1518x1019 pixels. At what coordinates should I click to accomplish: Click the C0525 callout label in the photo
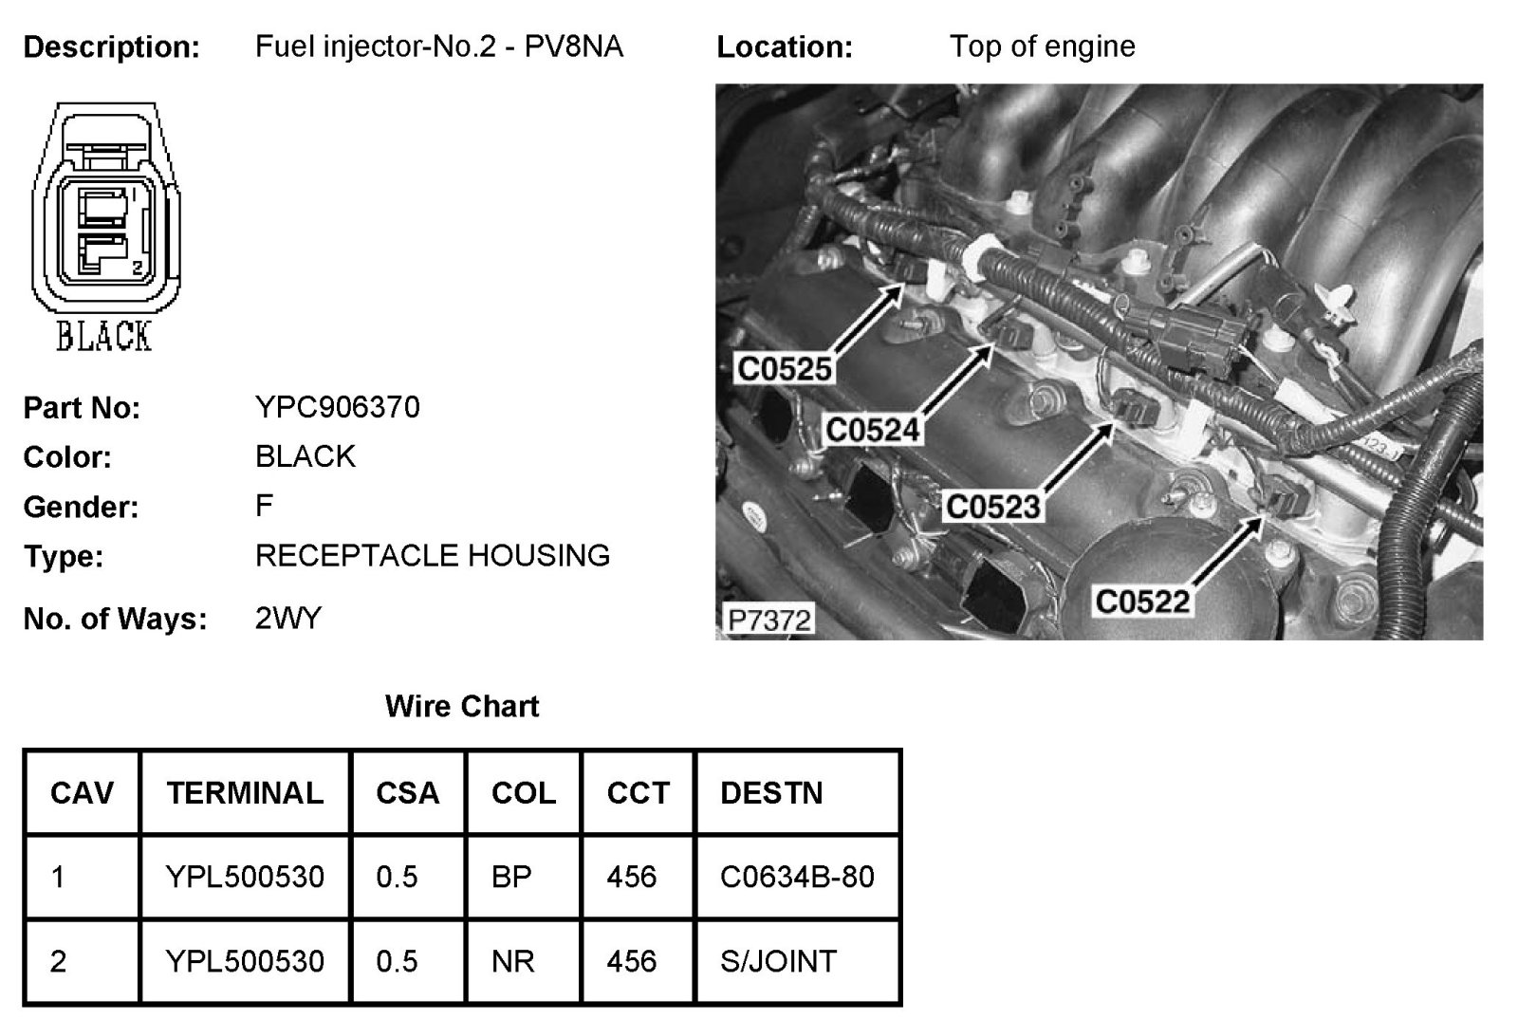[784, 369]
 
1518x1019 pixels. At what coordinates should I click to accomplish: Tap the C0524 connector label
[872, 430]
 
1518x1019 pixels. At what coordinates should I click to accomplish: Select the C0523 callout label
[993, 507]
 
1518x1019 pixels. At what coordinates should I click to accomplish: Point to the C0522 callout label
[1142, 601]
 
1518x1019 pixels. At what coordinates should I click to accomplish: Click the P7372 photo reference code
[768, 621]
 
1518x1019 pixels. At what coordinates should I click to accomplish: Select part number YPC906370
[337, 407]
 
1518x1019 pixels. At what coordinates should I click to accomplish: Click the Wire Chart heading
[462, 706]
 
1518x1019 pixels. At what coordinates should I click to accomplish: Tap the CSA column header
[407, 793]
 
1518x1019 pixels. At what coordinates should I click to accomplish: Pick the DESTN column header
[771, 793]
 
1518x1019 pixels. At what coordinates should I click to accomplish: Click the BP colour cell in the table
[511, 877]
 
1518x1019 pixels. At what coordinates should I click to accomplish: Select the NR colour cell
[512, 961]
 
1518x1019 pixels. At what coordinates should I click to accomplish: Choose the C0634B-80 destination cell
[797, 877]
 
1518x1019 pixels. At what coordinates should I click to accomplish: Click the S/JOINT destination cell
[778, 961]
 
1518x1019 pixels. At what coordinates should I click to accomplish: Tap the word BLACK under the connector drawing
[103, 336]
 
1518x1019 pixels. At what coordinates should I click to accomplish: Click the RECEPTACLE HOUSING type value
[432, 555]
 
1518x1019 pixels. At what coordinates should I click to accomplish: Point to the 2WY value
[288, 619]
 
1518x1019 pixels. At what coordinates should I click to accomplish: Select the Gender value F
[264, 506]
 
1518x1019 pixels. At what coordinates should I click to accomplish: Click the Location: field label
[784, 46]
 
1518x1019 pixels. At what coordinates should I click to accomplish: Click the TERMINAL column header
[245, 793]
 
